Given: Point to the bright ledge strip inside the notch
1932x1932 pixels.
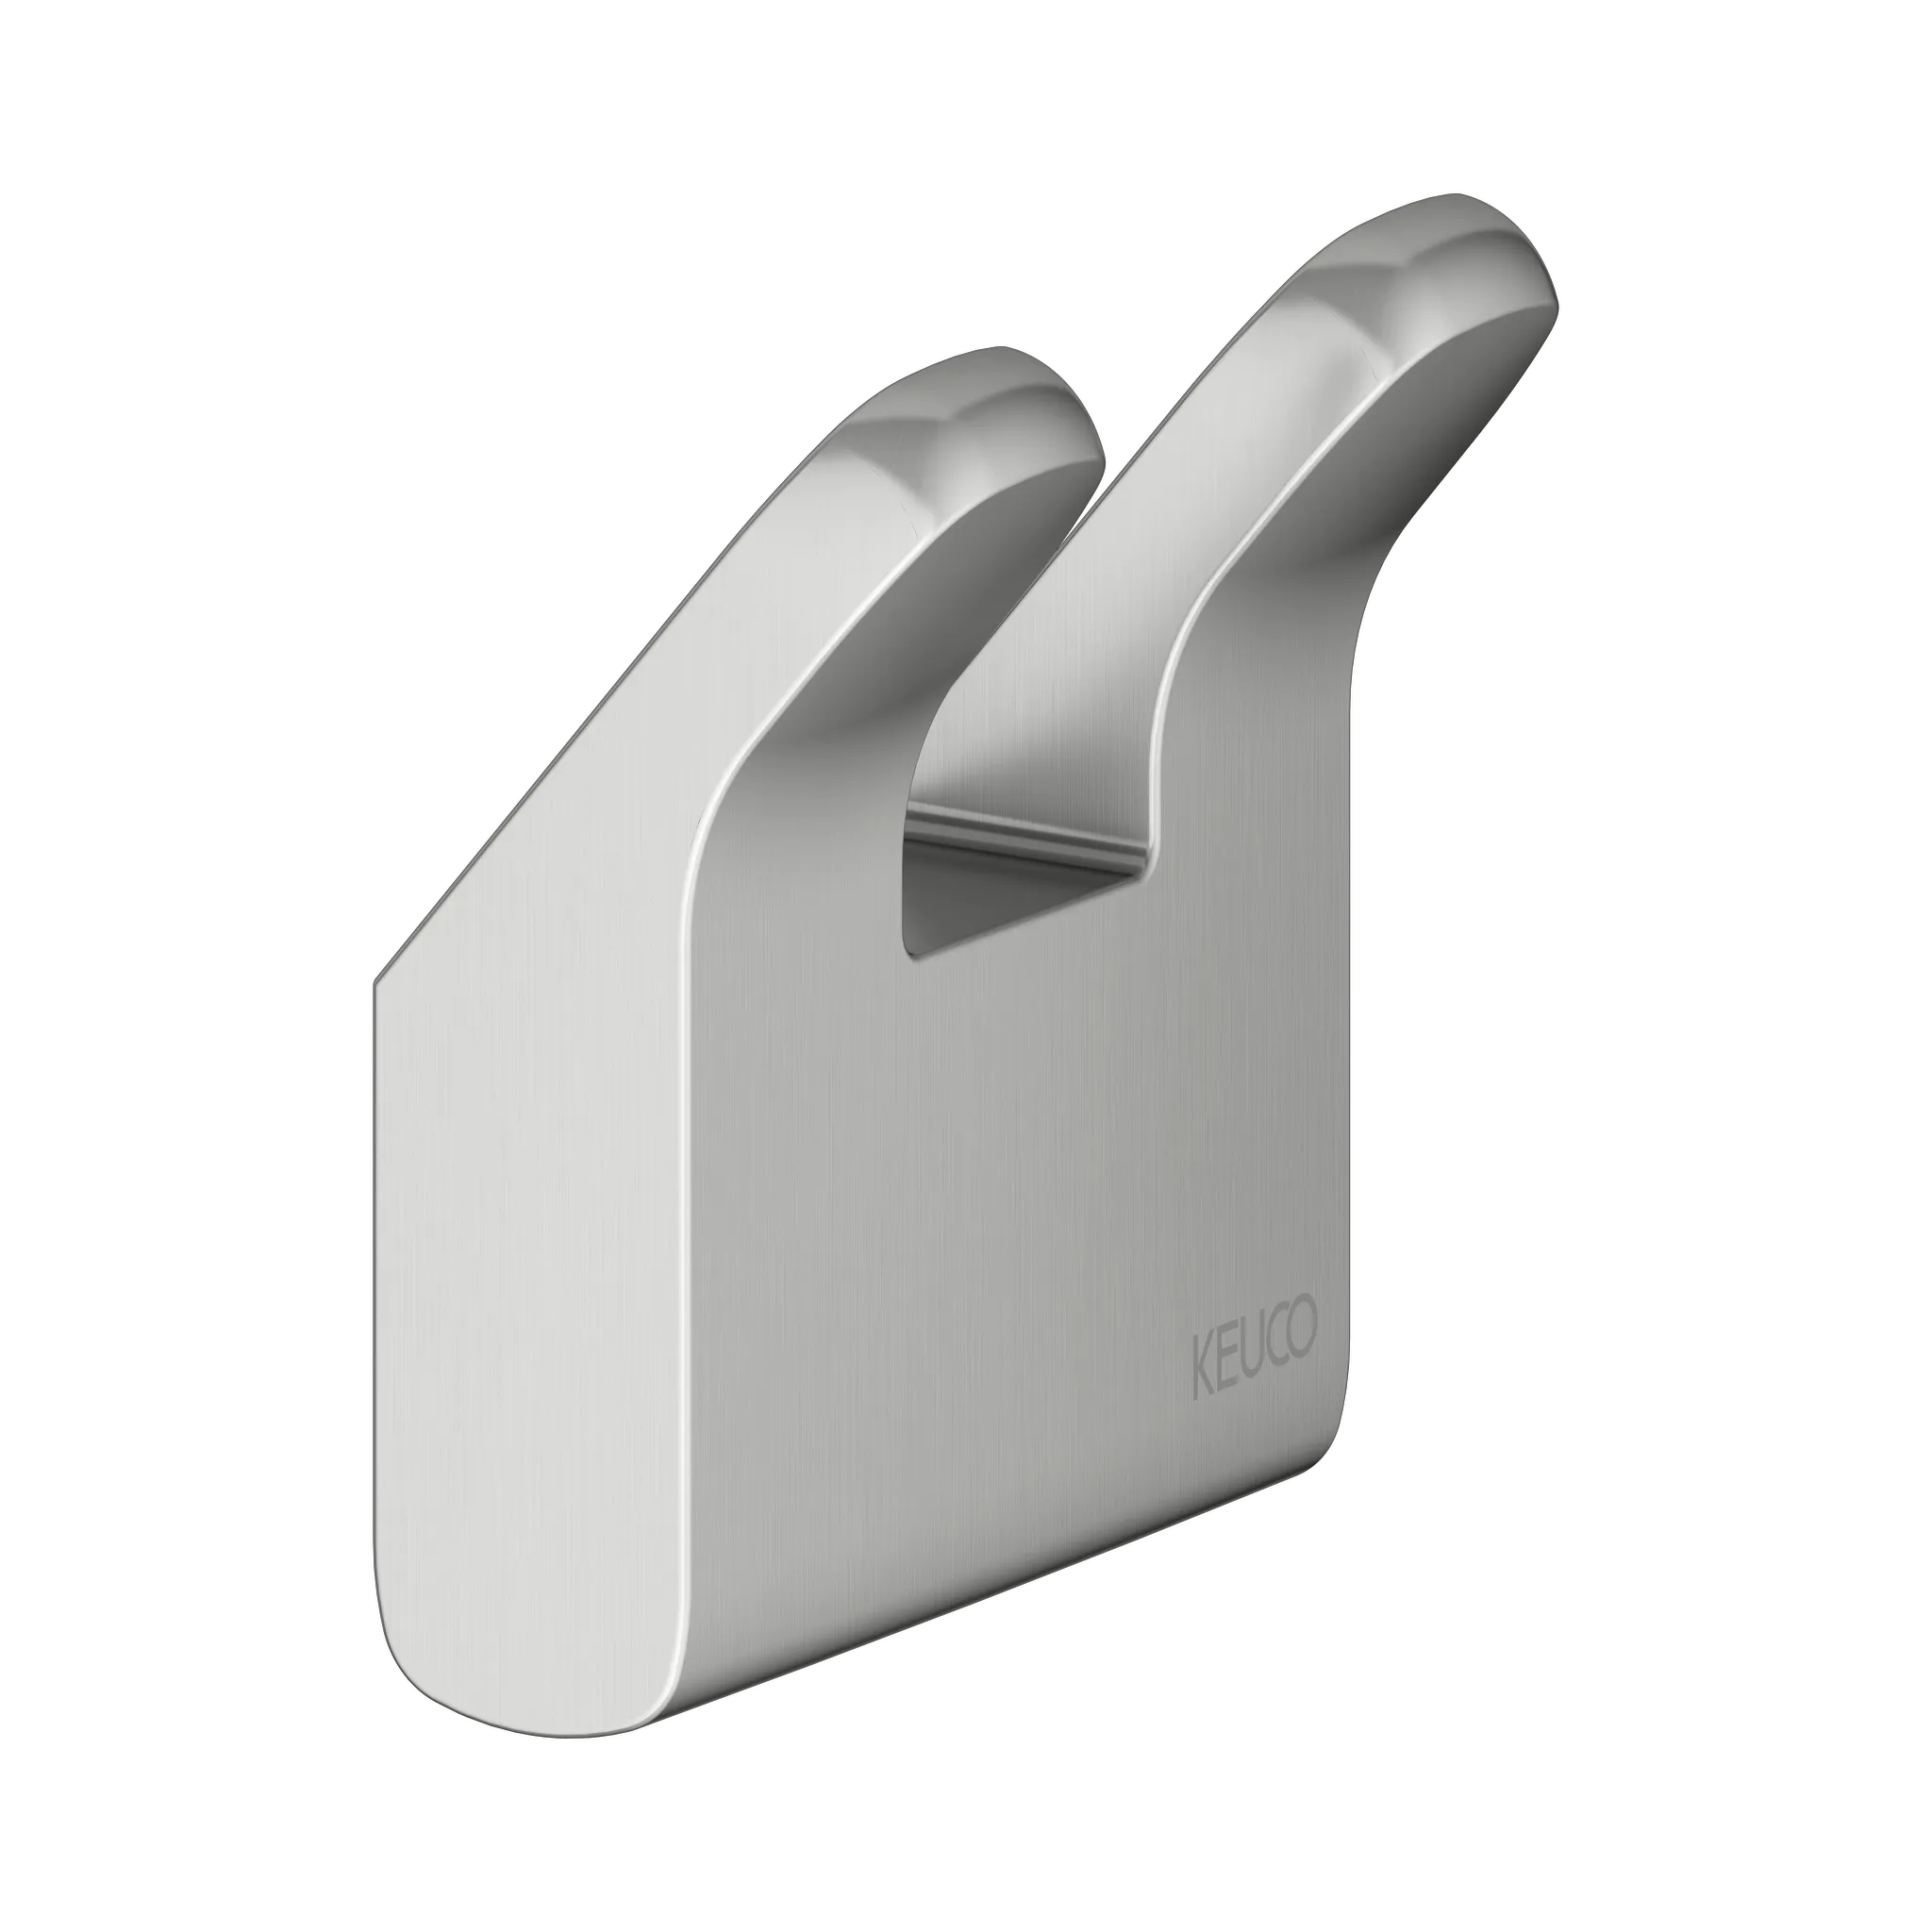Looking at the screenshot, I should pos(1030,825).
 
